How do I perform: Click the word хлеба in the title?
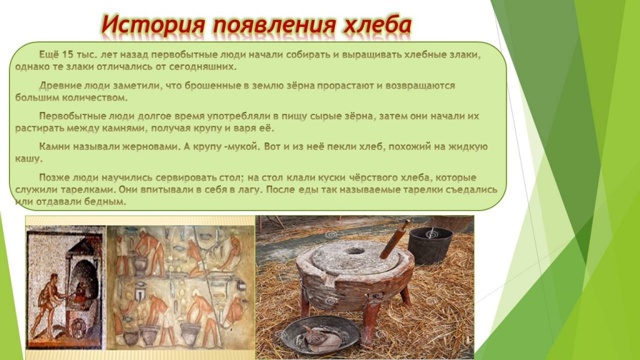pos(377,26)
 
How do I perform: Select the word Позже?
pos(54,177)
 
